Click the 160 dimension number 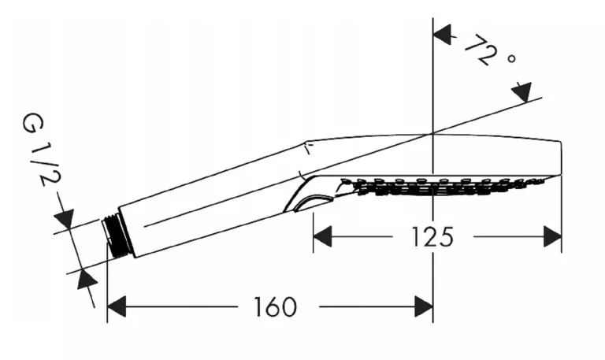pos(277,306)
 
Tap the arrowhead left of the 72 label pos(444,35)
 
